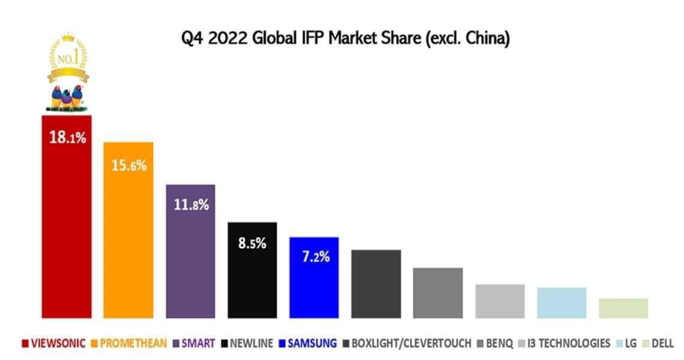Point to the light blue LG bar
561,303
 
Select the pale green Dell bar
623,308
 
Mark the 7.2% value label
315,257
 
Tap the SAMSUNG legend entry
308,343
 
